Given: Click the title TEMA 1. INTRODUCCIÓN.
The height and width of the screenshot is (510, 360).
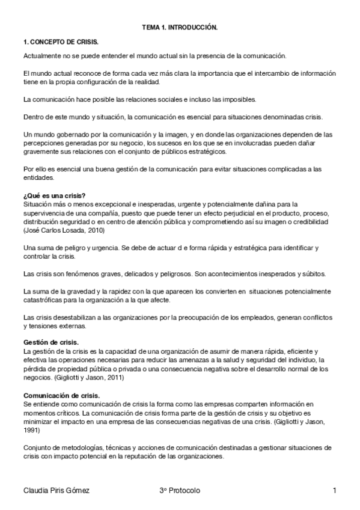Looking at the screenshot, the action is [x=180, y=28].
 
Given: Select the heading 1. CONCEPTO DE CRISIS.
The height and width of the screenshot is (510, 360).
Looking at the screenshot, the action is [x=60, y=42].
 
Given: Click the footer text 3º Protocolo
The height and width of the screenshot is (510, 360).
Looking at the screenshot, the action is [x=180, y=491].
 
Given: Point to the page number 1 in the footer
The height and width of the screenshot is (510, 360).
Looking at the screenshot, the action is [x=334, y=491].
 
